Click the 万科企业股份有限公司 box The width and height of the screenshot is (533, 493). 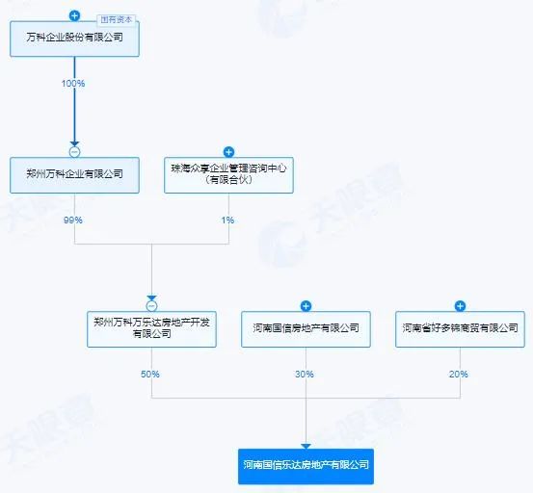pos(74,39)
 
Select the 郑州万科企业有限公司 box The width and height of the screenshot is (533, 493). pos(74,175)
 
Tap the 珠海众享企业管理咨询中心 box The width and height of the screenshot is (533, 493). pos(228,175)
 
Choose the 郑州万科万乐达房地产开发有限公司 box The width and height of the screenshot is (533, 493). pos(151,329)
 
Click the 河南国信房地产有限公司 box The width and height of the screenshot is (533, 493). pos(306,329)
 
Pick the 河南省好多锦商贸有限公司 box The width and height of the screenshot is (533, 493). pos(461,329)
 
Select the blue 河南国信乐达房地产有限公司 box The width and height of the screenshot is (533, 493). pos(306,466)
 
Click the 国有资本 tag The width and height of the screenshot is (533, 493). pos(117,20)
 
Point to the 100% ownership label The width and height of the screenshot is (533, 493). pos(73,83)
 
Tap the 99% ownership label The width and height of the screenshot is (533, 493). pos(72,220)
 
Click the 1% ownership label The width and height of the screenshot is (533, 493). pos(227,220)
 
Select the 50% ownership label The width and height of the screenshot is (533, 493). pos(150,374)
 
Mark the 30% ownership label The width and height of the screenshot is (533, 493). pos(305,374)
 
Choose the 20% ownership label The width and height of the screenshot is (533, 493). pos(459,374)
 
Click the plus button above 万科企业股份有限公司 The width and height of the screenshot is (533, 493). pos(74,15)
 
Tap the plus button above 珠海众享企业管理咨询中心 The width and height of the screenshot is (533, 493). pos(228,152)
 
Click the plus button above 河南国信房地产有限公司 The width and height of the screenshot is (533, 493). pos(306,306)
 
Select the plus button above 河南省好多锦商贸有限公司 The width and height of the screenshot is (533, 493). pos(461,306)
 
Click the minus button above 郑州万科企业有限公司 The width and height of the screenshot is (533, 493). pos(74,152)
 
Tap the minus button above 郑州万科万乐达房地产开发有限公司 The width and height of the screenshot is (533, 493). pos(151,306)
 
